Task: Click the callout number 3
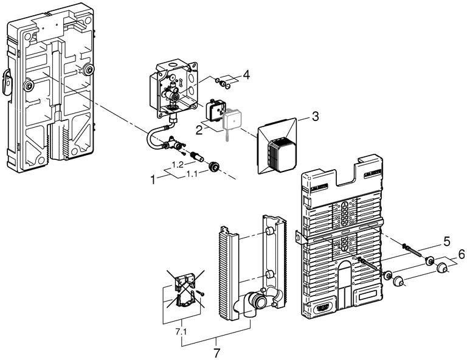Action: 315,116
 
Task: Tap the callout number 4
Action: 246,74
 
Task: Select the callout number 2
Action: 199,130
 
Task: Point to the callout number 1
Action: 153,179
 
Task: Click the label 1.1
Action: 192,174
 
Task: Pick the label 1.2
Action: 178,165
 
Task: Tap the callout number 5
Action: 447,241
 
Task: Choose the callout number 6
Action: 461,254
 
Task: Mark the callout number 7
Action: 217,353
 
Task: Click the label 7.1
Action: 181,332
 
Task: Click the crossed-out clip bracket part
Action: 185,289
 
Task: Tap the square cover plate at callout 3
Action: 277,147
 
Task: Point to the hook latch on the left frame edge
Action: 7,82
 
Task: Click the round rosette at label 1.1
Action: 213,167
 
